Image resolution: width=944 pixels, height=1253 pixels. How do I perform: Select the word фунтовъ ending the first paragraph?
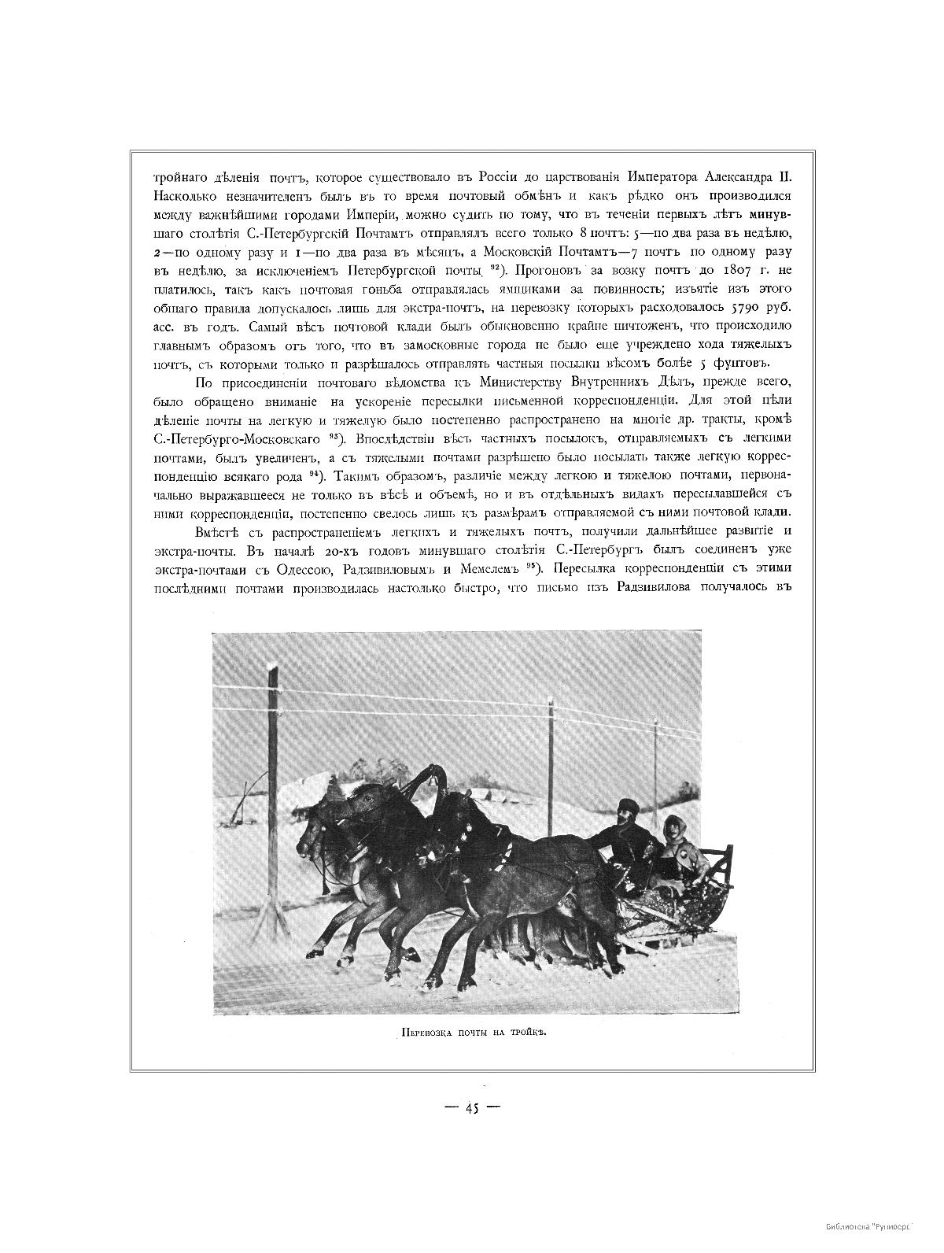pos(742,363)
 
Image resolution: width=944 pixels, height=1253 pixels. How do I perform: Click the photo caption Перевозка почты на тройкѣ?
pos(470,1034)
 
